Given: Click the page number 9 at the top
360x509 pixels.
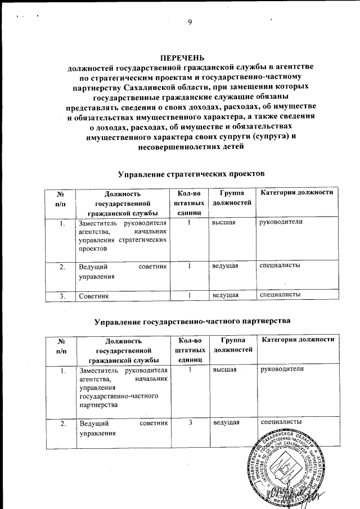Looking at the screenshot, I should (x=190, y=22).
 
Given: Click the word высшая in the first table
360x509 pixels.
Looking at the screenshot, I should (x=223, y=223).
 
